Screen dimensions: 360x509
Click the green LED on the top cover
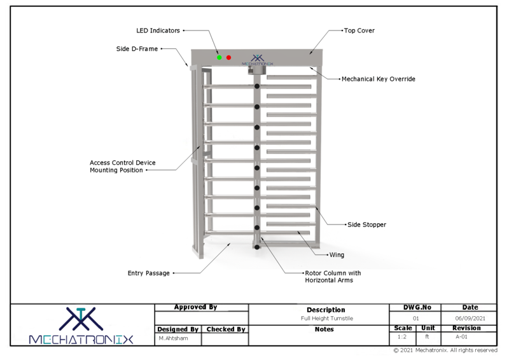219,58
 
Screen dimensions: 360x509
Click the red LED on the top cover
229,58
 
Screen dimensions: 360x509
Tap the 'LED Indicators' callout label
158,30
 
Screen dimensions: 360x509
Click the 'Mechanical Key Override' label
379,79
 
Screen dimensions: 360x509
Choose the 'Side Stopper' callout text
366,225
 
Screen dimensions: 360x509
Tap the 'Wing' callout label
337,255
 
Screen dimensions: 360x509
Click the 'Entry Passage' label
149,273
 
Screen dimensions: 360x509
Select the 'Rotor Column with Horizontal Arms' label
333,277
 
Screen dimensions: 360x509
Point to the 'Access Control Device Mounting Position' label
123,167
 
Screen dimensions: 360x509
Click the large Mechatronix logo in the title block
81,324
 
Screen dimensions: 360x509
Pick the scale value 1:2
401,337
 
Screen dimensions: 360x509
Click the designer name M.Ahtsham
169,338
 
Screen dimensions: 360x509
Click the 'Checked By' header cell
225,329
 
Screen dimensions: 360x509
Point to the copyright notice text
445,350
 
